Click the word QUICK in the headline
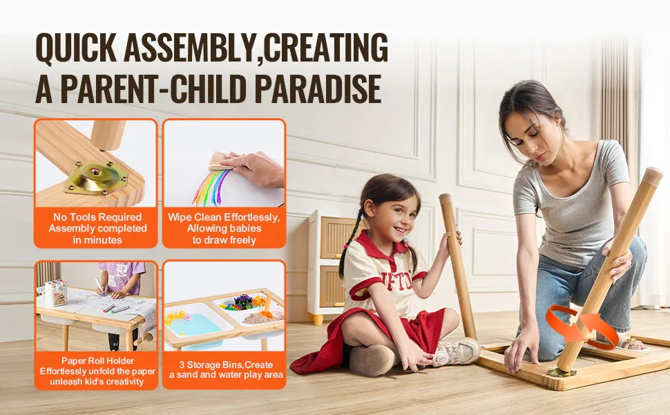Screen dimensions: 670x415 pos(76,48)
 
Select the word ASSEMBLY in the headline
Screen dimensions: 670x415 pos(190,48)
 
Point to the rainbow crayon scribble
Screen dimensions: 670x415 pos(211,187)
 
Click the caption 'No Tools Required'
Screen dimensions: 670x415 pos(97,217)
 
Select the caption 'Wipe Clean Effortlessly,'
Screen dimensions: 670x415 pos(224,217)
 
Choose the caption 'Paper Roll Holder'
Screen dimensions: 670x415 pos(97,360)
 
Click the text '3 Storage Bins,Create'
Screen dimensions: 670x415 pos(226,365)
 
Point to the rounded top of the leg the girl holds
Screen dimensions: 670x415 pos(446,199)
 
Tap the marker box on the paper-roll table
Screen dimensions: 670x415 pos(56,293)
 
